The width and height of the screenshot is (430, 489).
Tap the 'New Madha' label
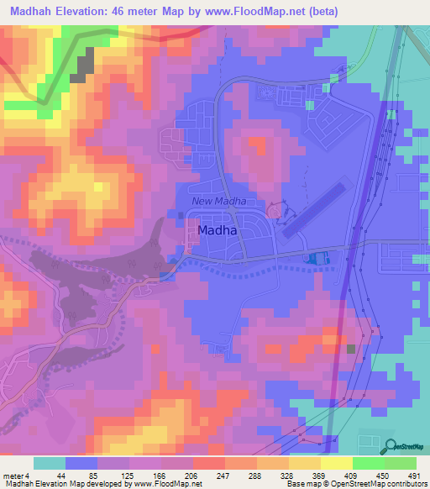point(218,201)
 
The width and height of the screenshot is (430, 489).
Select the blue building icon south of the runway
point(317,260)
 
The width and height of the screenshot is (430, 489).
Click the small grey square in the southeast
point(351,349)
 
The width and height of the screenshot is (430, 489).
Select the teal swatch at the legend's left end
point(49,463)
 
